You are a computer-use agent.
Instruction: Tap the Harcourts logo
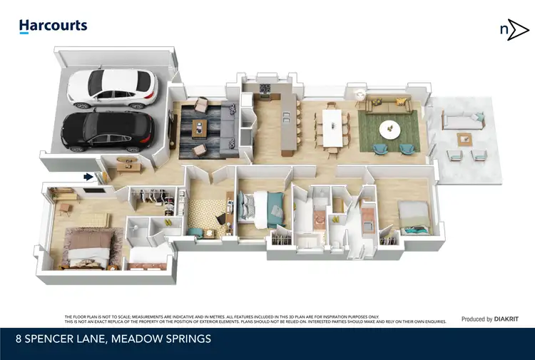tap(53, 26)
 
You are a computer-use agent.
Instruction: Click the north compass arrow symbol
tap(513, 29)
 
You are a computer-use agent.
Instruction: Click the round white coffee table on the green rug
tap(390, 129)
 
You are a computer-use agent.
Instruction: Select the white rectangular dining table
tap(333, 127)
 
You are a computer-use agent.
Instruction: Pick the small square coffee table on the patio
tap(465, 138)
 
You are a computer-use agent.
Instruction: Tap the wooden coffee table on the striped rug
tap(201, 129)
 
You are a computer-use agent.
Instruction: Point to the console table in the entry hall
tap(127, 164)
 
